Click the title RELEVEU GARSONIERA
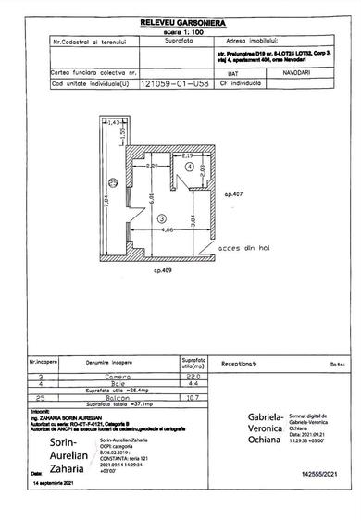(x=180, y=19)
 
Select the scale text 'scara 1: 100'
(x=180, y=30)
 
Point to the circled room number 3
(x=160, y=218)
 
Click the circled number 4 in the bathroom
(x=200, y=167)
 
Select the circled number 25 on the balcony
(x=111, y=180)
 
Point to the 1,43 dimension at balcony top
(x=115, y=121)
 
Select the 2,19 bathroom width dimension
(x=188, y=155)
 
